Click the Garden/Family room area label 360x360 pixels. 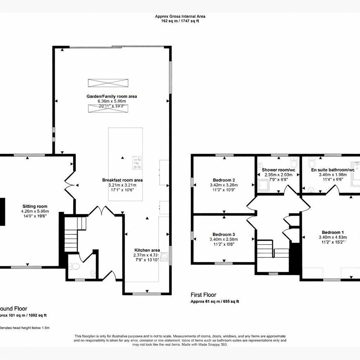point(112,96)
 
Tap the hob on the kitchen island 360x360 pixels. point(137,163)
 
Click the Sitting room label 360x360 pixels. point(35,206)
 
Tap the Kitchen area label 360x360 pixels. point(147,250)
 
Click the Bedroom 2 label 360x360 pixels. point(224,180)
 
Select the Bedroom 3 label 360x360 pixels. point(224,234)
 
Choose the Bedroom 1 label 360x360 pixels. point(333,232)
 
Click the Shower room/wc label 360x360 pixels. point(278,170)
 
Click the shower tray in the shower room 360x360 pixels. point(263,186)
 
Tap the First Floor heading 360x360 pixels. point(203,295)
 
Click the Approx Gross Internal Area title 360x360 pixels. point(180,16)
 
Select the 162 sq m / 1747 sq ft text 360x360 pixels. point(180,21)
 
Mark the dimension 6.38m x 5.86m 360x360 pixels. point(112,101)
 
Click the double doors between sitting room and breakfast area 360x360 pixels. point(70,185)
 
